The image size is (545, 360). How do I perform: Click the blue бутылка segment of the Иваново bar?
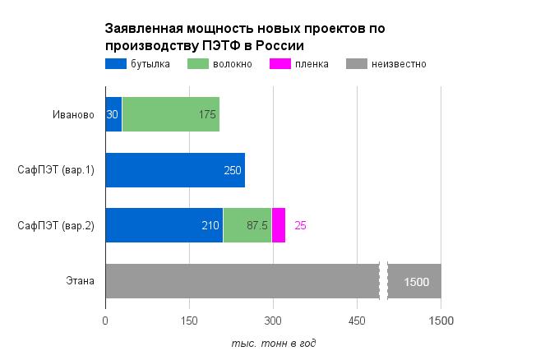(113, 114)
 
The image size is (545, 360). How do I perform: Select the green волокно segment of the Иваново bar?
(170, 114)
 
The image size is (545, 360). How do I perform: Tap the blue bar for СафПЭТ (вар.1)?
(174, 170)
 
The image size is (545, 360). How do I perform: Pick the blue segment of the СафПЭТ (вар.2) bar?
(164, 225)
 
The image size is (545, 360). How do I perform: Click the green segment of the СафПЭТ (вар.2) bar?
(247, 225)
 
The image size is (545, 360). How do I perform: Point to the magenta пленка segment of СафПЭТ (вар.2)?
(279, 225)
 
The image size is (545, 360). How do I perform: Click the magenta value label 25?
(300, 225)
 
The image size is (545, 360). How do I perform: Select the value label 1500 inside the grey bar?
(417, 282)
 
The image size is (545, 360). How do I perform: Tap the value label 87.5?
(257, 225)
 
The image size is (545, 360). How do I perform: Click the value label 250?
(233, 170)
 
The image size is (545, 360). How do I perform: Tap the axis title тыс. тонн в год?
(273, 343)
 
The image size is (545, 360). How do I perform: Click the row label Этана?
(80, 281)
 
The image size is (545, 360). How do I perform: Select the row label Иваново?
(73, 114)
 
